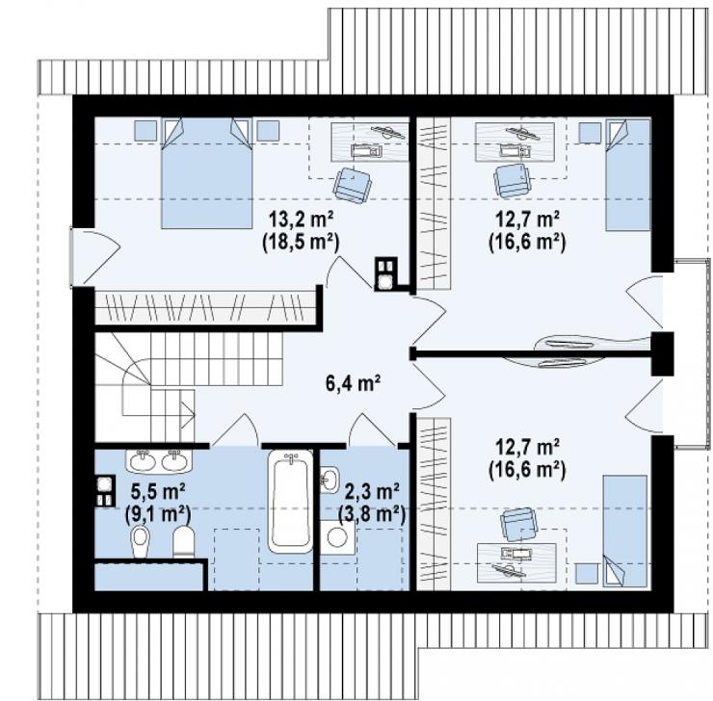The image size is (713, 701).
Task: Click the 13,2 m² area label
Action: pos(301,221)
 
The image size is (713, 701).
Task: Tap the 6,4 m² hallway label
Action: pos(353,384)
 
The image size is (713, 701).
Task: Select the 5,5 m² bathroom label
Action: pos(157,491)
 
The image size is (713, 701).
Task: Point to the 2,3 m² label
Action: pos(372,491)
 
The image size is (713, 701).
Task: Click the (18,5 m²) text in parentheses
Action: pos(301,243)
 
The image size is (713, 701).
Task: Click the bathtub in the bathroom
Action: pos(291,502)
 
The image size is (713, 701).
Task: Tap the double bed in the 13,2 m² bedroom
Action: pos(206,173)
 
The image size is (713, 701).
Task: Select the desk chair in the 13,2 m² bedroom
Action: pos(353,185)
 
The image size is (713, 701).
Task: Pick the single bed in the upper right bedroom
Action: pos(628,175)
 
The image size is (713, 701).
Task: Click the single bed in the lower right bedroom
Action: pos(624,532)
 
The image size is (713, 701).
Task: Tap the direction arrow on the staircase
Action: pos(187,415)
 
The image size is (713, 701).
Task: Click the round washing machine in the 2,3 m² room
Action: pos(337,537)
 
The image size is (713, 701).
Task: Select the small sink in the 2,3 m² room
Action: pos(330,480)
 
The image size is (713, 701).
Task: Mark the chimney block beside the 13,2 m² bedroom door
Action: pos(386,274)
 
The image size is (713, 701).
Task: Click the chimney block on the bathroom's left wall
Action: pos(105,491)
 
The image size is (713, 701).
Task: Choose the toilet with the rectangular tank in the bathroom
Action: pos(184,541)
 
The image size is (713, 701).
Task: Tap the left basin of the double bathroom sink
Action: pos(144,461)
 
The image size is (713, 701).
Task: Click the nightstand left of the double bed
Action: pos(145,130)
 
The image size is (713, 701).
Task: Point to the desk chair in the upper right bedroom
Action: pos(513,180)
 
